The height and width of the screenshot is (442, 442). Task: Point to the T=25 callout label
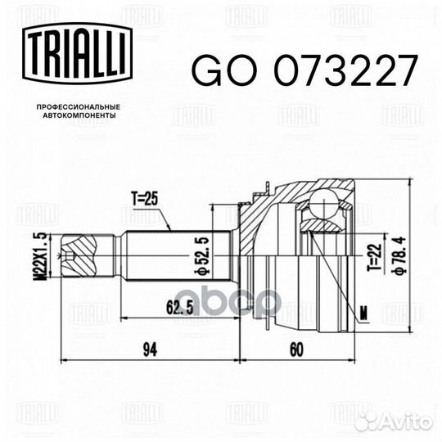143,197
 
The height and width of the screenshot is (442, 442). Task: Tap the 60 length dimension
295,350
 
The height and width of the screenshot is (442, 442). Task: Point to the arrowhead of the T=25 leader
171,230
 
